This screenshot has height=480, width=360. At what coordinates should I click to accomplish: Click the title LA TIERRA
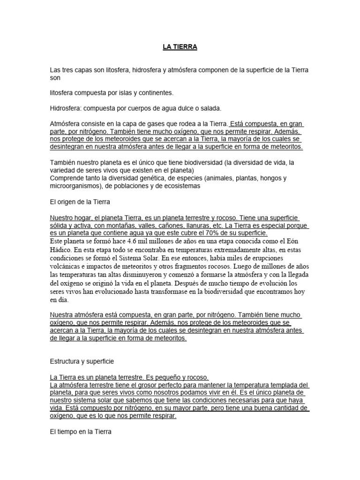180,47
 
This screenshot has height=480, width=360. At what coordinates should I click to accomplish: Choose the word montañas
115,225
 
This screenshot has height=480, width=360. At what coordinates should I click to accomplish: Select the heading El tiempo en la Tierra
80,431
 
